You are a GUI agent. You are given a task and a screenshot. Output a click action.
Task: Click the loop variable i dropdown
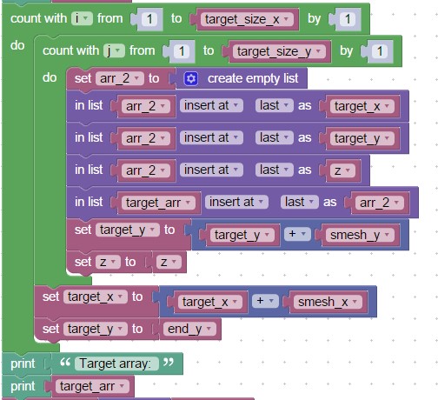pyautogui.click(x=82, y=18)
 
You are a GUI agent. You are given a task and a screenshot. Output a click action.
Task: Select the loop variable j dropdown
pyautogui.click(x=114, y=50)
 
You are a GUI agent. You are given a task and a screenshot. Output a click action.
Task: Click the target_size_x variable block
pyautogui.click(x=247, y=19)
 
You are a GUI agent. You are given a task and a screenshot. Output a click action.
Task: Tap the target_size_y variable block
pyautogui.click(x=279, y=51)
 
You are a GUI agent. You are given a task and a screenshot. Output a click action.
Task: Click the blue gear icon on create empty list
pyautogui.click(x=191, y=79)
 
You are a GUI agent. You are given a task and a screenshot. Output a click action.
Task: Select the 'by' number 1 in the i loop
pyautogui.click(x=348, y=19)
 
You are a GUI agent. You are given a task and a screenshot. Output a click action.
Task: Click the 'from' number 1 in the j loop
pyautogui.click(x=182, y=51)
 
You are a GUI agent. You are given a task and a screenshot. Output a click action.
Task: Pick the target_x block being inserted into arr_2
pyautogui.click(x=362, y=106)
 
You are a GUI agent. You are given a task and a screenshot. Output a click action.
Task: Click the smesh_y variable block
pyautogui.click(x=359, y=235)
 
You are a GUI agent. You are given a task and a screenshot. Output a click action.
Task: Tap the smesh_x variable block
pyautogui.click(x=327, y=302)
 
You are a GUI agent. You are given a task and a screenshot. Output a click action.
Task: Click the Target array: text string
pyautogui.click(x=116, y=363)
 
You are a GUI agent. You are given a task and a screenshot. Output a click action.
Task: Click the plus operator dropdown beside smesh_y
pyautogui.click(x=297, y=234)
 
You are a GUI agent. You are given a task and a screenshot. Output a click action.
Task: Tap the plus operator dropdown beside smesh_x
pyautogui.click(x=265, y=301)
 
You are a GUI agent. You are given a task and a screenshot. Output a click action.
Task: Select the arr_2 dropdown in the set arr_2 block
pyautogui.click(x=120, y=78)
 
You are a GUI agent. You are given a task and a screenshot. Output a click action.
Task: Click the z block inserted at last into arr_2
pyautogui.click(x=342, y=170)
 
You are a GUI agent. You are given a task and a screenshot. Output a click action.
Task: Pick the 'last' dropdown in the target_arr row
pyautogui.click(x=300, y=202)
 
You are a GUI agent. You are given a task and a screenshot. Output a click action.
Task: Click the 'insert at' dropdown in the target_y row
pyautogui.click(x=211, y=137)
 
